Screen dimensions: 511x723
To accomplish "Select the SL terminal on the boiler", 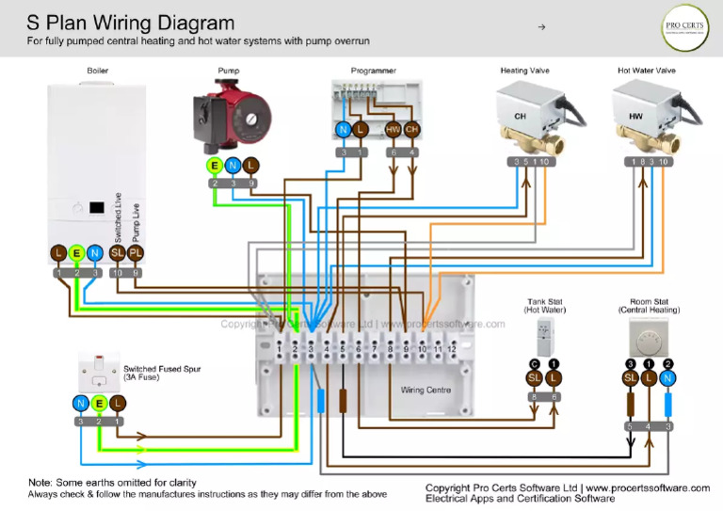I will [117, 252].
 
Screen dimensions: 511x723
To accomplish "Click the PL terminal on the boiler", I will [136, 252].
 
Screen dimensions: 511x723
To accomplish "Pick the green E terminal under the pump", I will [215, 165].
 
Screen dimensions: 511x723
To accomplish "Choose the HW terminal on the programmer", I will [394, 130].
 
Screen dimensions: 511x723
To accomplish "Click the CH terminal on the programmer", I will [411, 130].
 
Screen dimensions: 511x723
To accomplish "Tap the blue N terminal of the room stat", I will [668, 378].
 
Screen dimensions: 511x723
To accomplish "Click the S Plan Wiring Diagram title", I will [131, 22].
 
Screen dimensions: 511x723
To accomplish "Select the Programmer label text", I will [373, 71].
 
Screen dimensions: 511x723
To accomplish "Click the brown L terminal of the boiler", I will [58, 252].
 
